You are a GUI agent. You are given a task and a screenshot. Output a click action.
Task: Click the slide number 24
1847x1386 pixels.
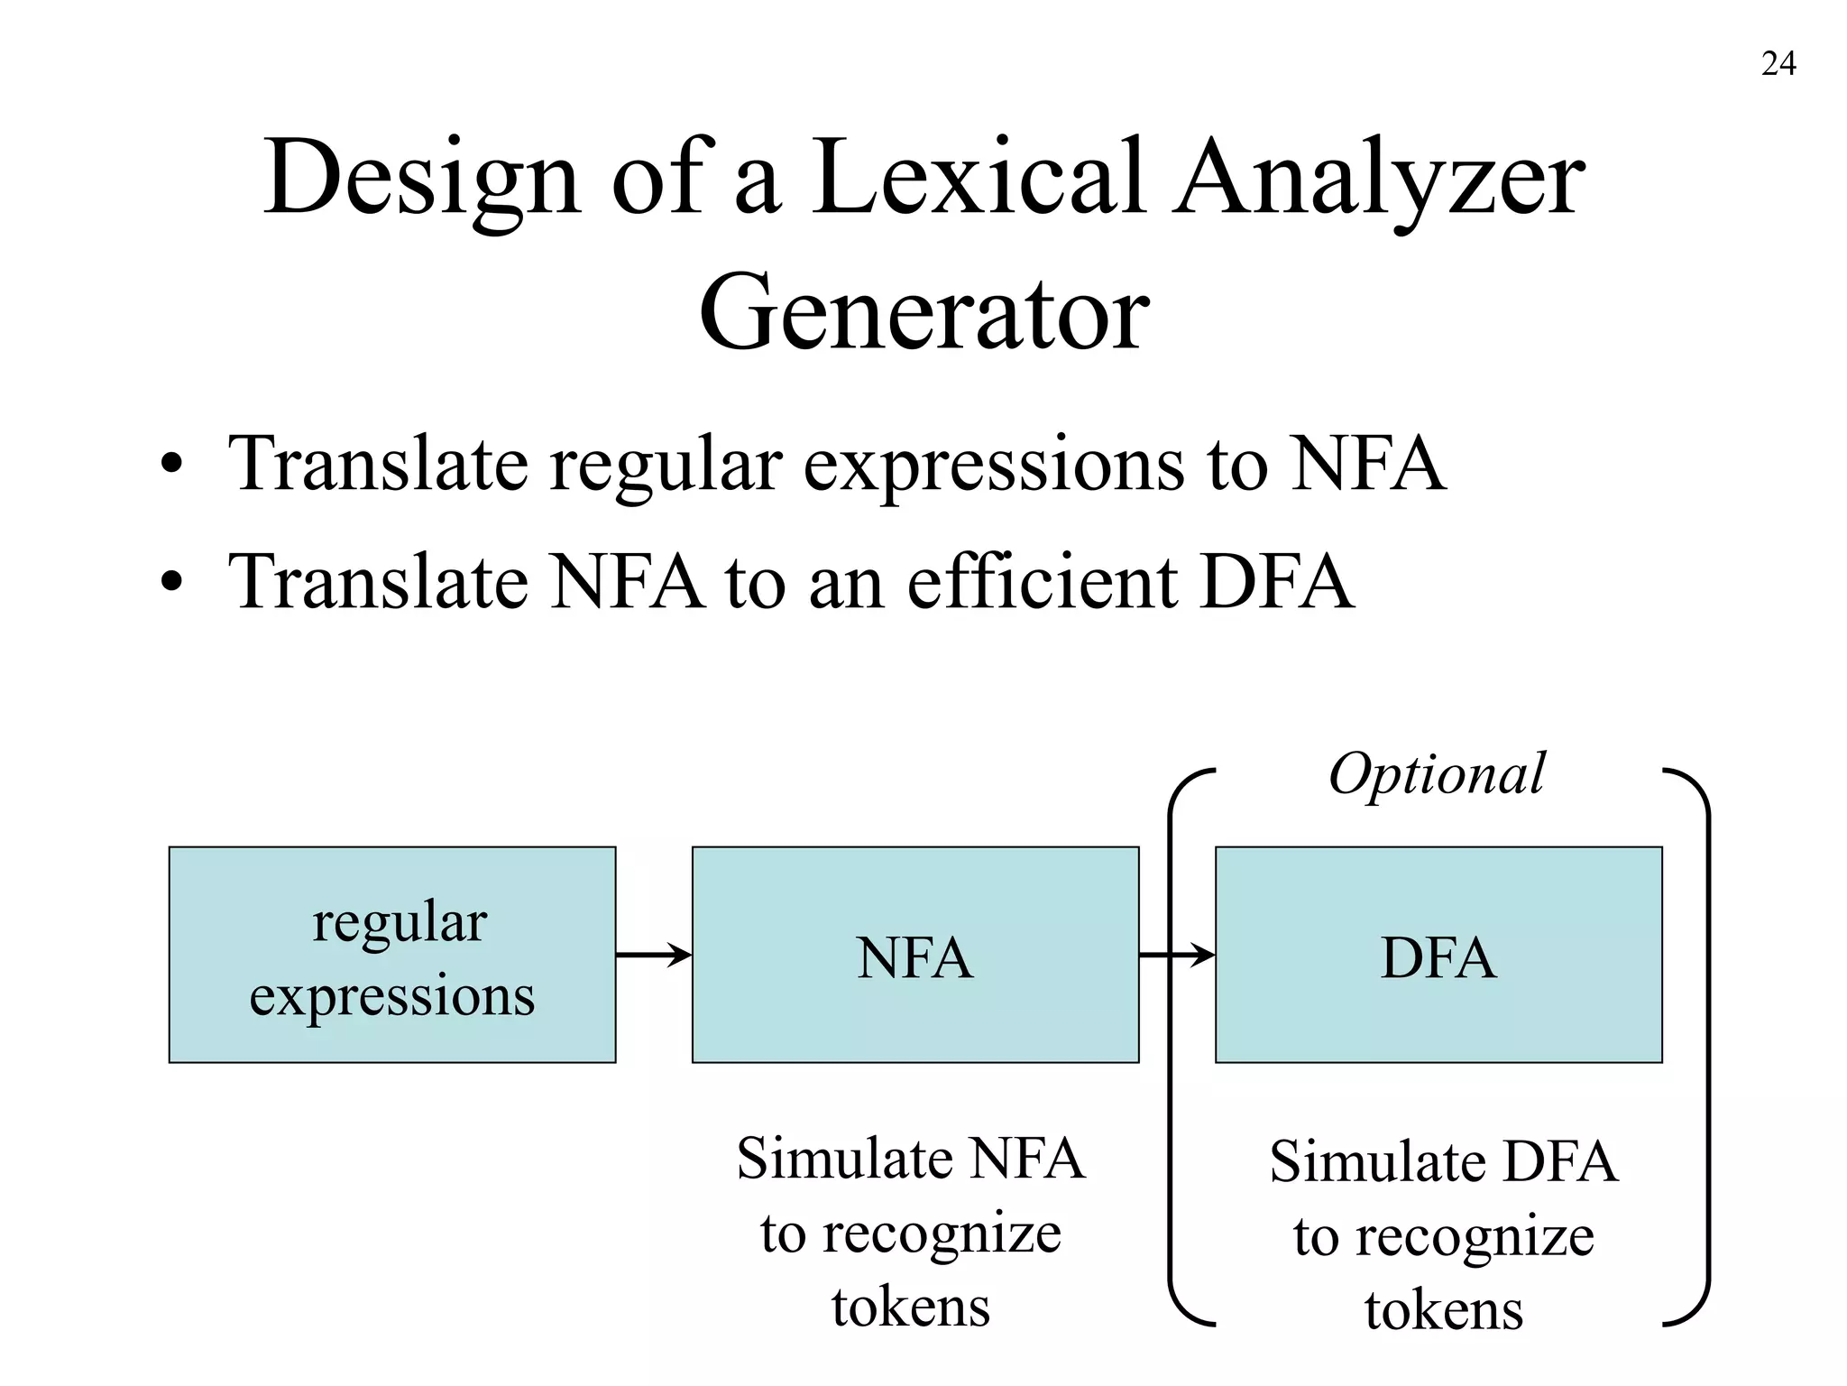pos(1778,64)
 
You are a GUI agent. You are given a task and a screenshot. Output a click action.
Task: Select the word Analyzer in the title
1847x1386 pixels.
pos(1377,178)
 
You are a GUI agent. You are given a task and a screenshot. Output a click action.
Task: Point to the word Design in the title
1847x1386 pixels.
pos(421,178)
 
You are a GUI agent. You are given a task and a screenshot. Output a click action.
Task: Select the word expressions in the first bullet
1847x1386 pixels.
pos(993,466)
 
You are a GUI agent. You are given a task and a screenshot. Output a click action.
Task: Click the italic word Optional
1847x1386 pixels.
pos(1437,774)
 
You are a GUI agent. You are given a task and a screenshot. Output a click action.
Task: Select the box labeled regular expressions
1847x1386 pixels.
pos(392,955)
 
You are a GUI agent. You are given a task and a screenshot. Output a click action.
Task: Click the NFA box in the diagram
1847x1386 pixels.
pos(915,955)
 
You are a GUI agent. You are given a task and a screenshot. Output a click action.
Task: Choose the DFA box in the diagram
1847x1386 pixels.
pos(1438,955)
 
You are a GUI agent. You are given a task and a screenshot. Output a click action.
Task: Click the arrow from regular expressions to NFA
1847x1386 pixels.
pos(654,954)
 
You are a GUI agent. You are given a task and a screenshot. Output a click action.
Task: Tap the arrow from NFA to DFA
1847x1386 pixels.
pos(1177,954)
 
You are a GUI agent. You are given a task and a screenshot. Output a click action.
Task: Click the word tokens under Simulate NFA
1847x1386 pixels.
pos(911,1306)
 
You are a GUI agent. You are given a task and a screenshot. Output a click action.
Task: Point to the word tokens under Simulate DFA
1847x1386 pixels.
pos(1443,1309)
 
